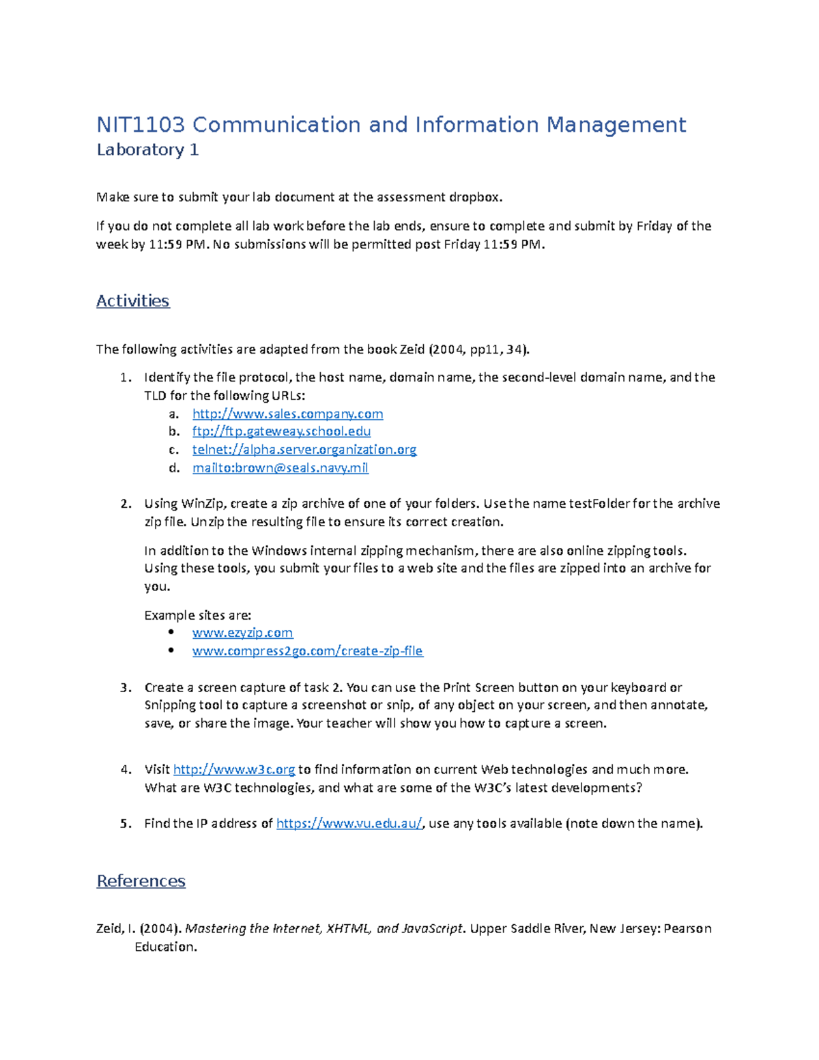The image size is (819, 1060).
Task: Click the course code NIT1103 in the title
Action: pyautogui.click(x=141, y=125)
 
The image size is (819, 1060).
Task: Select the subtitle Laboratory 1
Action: pyautogui.click(x=147, y=150)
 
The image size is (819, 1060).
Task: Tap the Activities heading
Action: pyautogui.click(x=132, y=301)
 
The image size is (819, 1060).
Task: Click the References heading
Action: pyautogui.click(x=141, y=881)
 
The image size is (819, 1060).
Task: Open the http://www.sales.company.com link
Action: pyautogui.click(x=287, y=414)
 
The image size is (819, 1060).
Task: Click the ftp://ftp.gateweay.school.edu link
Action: pyautogui.click(x=281, y=431)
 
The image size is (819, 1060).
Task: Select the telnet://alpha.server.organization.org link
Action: pyautogui.click(x=304, y=450)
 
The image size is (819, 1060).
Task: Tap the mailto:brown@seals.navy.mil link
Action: pyautogui.click(x=280, y=468)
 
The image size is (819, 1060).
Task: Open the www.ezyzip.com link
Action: pyautogui.click(x=242, y=633)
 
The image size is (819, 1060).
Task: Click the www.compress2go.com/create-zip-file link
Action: pyautogui.click(x=307, y=651)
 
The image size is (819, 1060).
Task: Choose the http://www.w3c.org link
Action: pyautogui.click(x=234, y=770)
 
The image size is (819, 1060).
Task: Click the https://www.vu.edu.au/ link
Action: pyautogui.click(x=349, y=824)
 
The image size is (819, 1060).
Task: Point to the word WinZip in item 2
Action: pyautogui.click(x=202, y=504)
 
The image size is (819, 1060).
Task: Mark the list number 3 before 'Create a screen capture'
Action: pyautogui.click(x=124, y=687)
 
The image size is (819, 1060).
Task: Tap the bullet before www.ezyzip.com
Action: pyautogui.click(x=171, y=633)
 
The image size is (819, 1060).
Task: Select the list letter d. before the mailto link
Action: pyautogui.click(x=173, y=468)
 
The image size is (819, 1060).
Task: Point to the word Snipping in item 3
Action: pyautogui.click(x=169, y=705)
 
